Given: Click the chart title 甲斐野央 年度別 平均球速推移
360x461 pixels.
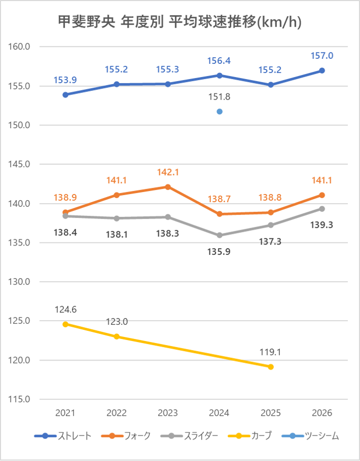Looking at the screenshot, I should tap(180, 22).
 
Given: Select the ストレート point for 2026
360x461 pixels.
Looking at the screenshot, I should tap(322, 70).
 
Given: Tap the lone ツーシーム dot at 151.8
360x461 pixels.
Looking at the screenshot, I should tap(220, 111).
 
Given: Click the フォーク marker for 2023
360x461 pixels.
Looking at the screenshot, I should tap(168, 187).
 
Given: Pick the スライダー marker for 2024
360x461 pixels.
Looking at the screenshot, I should tap(220, 235).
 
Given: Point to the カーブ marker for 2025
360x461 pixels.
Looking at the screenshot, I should tap(271, 367).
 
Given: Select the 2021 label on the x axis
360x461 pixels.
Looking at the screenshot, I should tap(66, 413).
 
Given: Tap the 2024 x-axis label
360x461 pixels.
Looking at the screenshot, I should tap(220, 413).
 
